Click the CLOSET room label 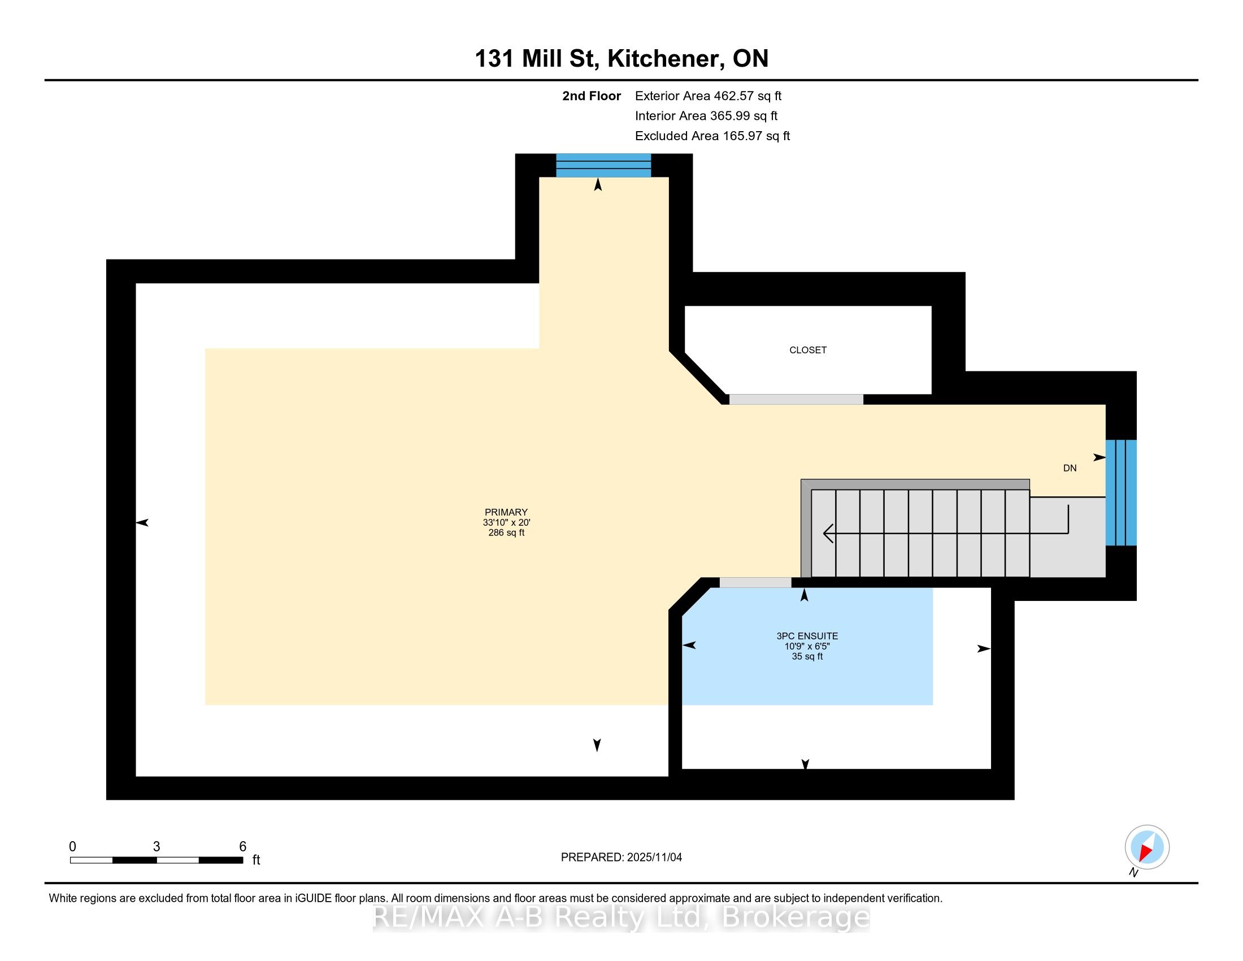(807, 350)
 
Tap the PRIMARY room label (506, 512)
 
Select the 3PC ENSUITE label (807, 636)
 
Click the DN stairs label (1070, 468)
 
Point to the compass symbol (1147, 847)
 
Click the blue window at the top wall (603, 165)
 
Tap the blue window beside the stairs (1120, 492)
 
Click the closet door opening (796, 400)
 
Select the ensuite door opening (755, 582)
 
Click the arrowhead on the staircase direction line (829, 534)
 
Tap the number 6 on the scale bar (242, 847)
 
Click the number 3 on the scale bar (157, 847)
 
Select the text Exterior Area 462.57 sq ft (708, 96)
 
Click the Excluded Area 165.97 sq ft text (712, 136)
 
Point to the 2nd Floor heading (592, 96)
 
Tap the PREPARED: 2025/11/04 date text (621, 858)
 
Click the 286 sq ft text (506, 533)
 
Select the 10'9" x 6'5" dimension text (807, 646)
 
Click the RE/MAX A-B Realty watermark (621, 917)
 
